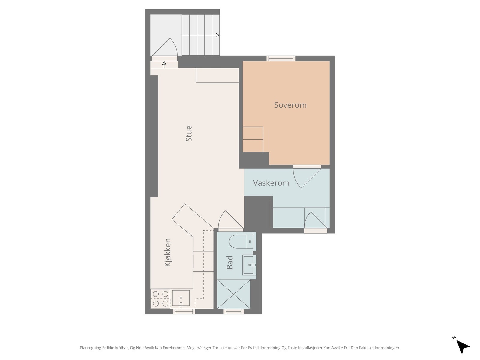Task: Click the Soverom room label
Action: tap(290, 105)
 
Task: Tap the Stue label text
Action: tap(189, 133)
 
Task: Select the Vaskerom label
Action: tap(271, 183)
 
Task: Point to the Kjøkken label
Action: tap(168, 253)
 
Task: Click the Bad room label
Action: tap(230, 262)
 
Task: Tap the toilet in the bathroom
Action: tap(241, 241)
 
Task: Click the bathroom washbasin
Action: tap(249, 265)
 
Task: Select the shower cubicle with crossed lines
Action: tap(233, 294)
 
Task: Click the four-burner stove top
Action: tap(160, 298)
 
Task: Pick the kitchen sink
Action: tap(181, 298)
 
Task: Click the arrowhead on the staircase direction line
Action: tap(217, 35)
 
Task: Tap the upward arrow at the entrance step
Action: tap(164, 65)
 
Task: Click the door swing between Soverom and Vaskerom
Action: tap(307, 178)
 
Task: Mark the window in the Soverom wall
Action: tap(281, 58)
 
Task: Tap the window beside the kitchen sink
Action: tap(184, 311)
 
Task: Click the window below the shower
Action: tap(233, 311)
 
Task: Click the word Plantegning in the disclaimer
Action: tap(90, 348)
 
